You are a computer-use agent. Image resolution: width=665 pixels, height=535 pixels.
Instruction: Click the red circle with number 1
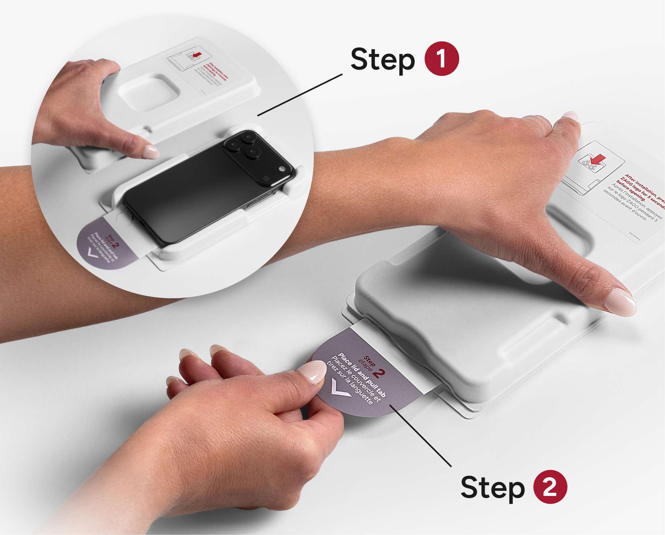click(x=441, y=59)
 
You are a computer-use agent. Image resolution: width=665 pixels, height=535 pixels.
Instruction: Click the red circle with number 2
click(x=550, y=486)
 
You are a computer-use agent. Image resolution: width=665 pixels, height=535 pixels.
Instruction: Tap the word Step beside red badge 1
click(x=383, y=60)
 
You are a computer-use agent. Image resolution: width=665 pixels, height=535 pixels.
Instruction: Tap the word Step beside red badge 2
click(x=492, y=488)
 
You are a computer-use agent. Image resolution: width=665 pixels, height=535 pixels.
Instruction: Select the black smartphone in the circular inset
click(x=206, y=186)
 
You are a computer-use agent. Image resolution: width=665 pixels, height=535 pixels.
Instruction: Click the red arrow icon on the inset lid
click(x=197, y=54)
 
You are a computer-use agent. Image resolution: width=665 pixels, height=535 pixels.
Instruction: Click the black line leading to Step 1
click(x=299, y=95)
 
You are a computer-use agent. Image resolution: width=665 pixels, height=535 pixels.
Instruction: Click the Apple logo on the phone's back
click(x=282, y=169)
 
